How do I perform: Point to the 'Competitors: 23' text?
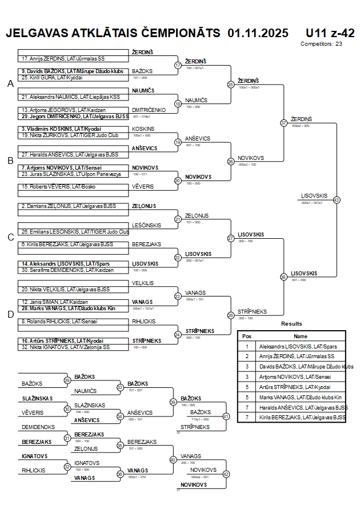point(321,43)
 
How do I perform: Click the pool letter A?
point(10,84)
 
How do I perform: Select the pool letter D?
point(10,314)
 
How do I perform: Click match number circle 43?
point(336,200)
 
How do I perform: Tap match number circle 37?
point(283,123)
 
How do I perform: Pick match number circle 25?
point(230,85)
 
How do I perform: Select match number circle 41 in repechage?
point(225,416)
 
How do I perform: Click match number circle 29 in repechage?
point(67,380)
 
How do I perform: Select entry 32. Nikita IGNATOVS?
point(65,347)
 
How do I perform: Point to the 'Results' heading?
point(291,324)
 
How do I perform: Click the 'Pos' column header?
point(247,336)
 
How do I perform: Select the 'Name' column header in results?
point(301,336)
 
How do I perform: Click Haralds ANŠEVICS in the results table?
point(302,408)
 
